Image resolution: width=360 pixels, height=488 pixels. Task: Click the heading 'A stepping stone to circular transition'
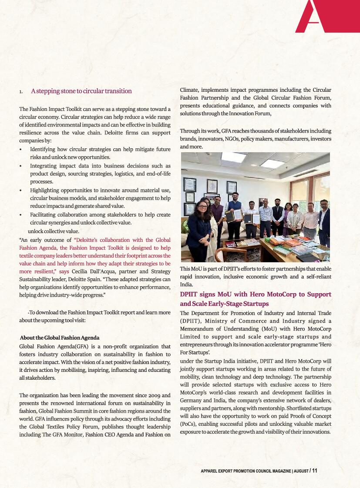81,91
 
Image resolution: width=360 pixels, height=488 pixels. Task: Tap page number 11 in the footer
315,471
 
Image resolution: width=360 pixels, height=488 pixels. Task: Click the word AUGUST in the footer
300,471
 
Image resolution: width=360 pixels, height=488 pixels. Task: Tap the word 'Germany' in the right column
192,400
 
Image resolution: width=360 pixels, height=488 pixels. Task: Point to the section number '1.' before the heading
21,92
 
